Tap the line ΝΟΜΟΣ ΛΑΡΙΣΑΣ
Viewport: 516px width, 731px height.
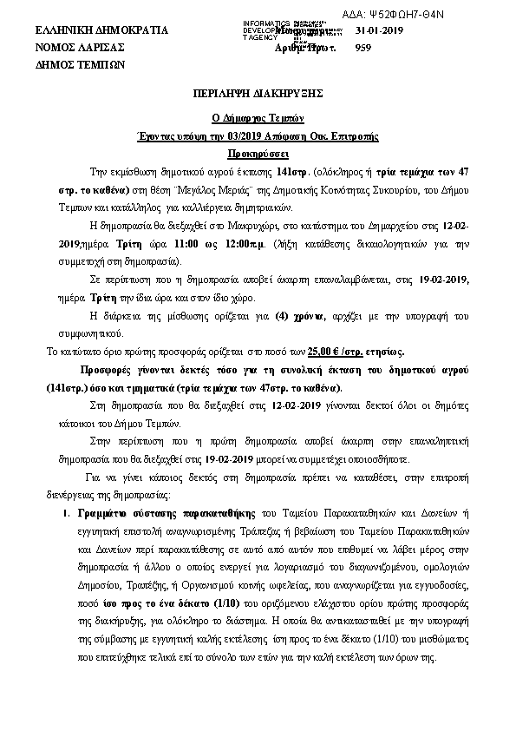click(79, 48)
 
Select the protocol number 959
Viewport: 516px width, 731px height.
click(364, 48)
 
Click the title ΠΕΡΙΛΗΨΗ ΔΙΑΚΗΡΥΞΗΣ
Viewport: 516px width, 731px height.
click(258, 92)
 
